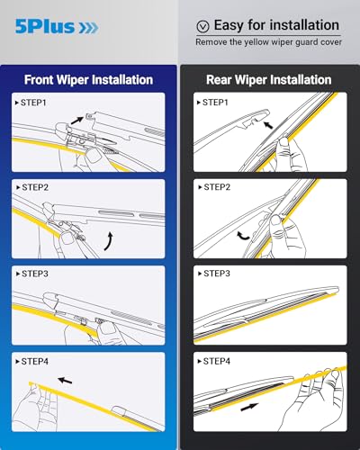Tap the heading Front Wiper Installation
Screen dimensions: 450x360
pos(88,79)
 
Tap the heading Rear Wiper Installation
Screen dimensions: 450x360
pos(268,79)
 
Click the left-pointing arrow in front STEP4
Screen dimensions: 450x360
pos(63,380)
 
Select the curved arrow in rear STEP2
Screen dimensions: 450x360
pos(241,234)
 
